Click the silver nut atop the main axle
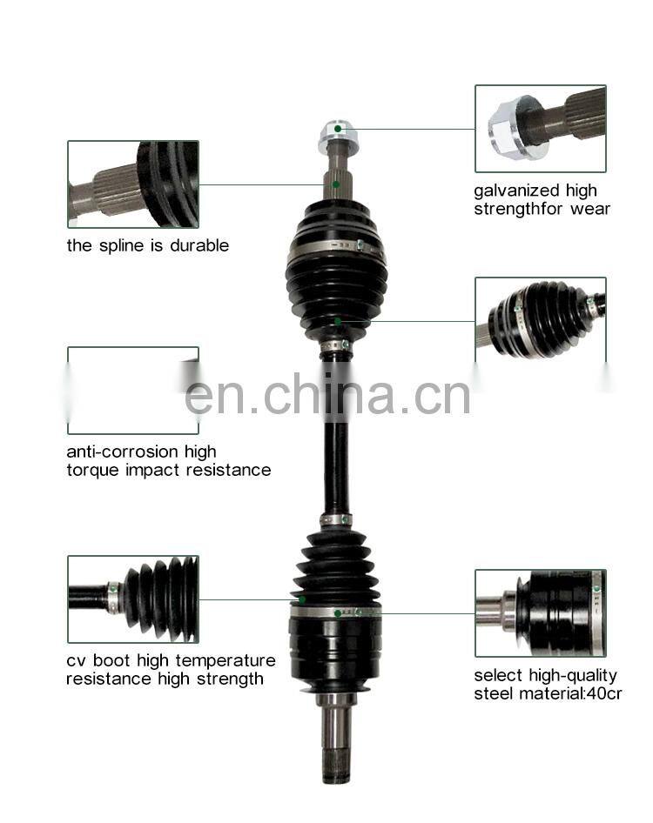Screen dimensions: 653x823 [x=339, y=136]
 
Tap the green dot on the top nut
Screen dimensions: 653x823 [x=338, y=129]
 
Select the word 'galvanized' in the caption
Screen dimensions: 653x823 [x=509, y=191]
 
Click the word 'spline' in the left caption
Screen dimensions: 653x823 [x=130, y=246]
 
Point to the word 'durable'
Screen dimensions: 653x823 [x=199, y=245]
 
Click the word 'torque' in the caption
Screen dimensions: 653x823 [x=93, y=471]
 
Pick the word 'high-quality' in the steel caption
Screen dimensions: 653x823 [x=573, y=676]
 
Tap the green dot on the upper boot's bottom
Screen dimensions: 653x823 [x=338, y=321]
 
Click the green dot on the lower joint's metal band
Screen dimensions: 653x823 [x=337, y=613]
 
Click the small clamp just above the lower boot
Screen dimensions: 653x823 [x=336, y=520]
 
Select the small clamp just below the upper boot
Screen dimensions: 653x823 [x=336, y=345]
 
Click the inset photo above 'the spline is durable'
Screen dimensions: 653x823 [x=133, y=184]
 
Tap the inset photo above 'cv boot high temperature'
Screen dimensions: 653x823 [x=133, y=599]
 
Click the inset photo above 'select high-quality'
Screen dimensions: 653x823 [x=541, y=613]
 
